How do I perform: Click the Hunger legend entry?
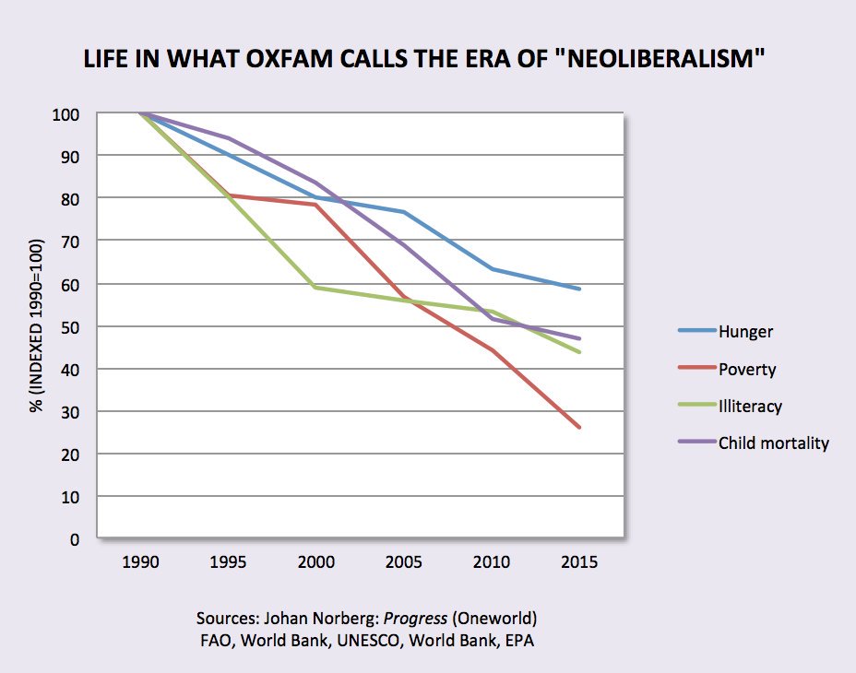[745, 332]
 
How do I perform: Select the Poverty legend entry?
[746, 369]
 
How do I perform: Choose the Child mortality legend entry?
[773, 443]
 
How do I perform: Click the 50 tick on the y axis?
[78, 326]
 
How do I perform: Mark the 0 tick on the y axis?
[82, 539]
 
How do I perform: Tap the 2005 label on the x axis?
[404, 561]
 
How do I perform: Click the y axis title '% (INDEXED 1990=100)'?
[37, 325]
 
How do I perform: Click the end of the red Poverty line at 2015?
[579, 428]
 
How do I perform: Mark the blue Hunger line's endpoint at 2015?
[579, 289]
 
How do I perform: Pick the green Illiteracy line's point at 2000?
[316, 288]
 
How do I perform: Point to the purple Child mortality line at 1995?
[229, 138]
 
